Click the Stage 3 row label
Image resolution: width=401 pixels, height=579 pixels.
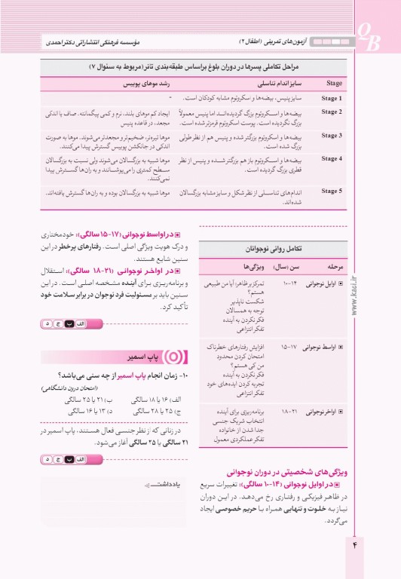tap(331, 136)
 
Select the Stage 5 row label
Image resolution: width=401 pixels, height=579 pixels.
tap(331, 191)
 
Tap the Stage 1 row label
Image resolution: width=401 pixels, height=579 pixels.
tap(331, 98)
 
